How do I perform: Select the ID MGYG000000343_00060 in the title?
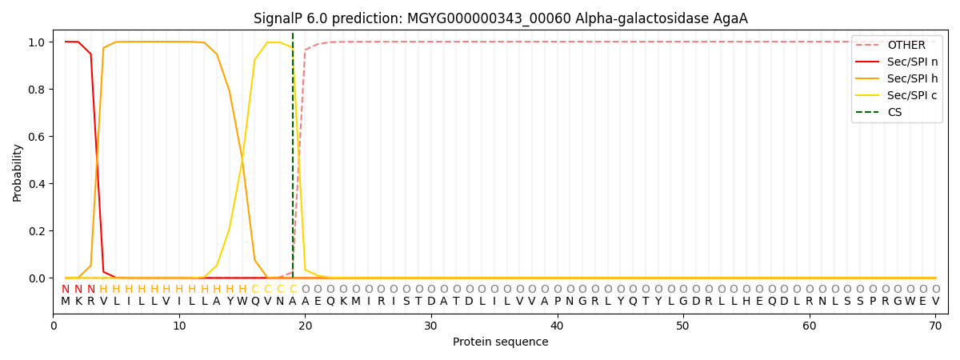[489, 19]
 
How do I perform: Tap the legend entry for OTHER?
[897, 45]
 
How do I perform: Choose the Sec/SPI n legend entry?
[897, 62]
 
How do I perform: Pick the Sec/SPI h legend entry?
[897, 78]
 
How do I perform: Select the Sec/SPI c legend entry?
[897, 95]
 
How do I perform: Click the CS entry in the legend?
[878, 112]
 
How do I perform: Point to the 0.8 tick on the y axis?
[37, 90]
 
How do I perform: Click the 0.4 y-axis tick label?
[37, 184]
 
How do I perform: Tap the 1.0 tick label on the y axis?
[37, 42]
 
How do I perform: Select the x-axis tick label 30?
[431, 326]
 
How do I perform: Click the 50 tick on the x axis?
[683, 326]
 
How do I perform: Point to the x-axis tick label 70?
[935, 326]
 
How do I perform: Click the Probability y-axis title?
[17, 173]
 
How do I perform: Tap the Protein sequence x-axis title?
[501, 342]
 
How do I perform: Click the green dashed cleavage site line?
[293, 154]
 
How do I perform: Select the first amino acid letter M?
[66, 302]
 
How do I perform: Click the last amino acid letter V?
[935, 302]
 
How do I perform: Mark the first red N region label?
[66, 290]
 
